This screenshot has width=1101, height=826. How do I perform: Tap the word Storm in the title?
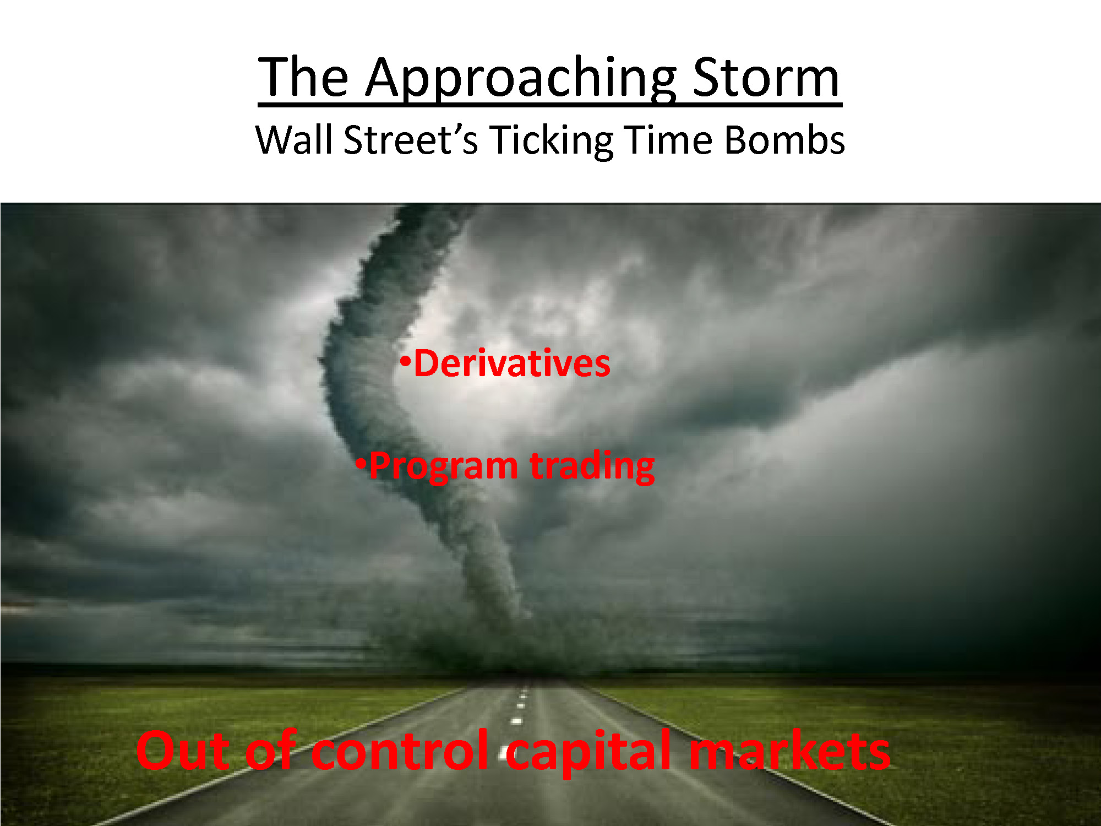766,77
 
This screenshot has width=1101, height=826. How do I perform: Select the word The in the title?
304,77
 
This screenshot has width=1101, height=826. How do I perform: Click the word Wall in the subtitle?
294,139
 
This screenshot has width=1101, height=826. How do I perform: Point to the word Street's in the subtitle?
411,139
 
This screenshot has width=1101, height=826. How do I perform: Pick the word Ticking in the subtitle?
551,141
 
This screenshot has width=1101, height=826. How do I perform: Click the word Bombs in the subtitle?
784,139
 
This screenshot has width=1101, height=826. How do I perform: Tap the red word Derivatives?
512,363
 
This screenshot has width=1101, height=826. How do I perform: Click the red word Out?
183,750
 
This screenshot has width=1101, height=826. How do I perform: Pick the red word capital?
588,752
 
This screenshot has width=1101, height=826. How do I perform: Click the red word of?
271,749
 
